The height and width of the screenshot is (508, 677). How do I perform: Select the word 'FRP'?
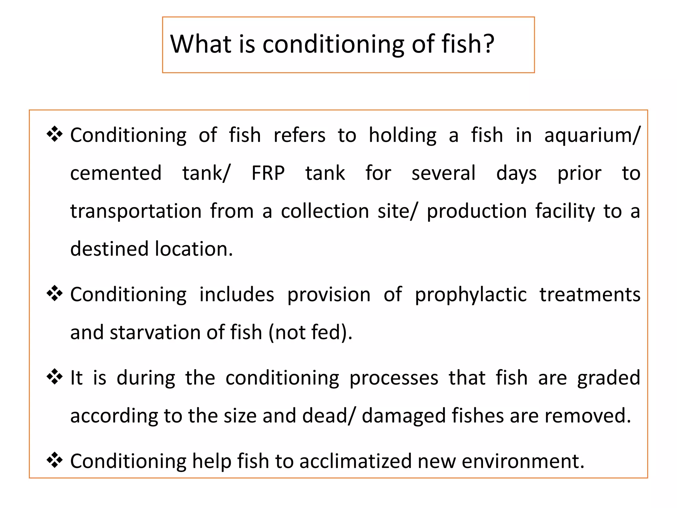(x=268, y=173)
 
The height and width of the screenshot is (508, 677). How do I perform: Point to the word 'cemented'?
(x=116, y=173)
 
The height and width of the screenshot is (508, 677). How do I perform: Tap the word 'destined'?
(x=109, y=249)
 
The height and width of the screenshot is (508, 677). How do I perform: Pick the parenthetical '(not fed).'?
(x=310, y=332)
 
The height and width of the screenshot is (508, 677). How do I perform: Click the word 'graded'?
(x=609, y=378)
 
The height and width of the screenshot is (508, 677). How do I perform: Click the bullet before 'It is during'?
(x=55, y=377)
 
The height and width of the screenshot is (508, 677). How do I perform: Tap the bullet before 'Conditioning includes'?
(x=55, y=293)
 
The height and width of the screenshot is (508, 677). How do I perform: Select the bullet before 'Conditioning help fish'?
(x=55, y=460)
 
